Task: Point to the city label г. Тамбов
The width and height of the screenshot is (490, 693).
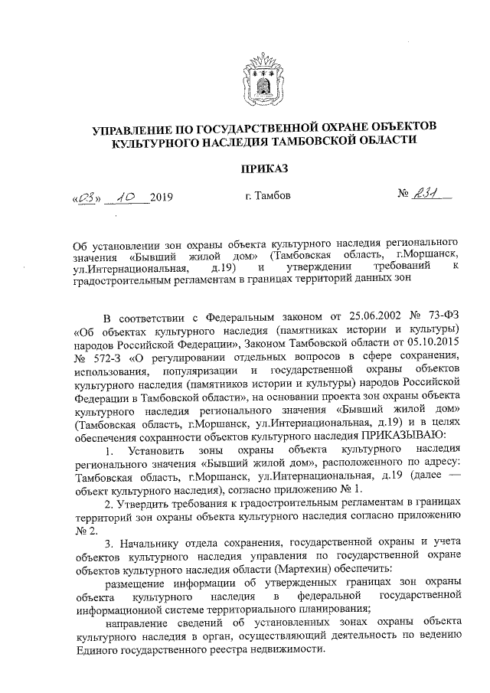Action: pos(268,195)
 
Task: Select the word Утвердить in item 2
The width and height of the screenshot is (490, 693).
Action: pos(142,498)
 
